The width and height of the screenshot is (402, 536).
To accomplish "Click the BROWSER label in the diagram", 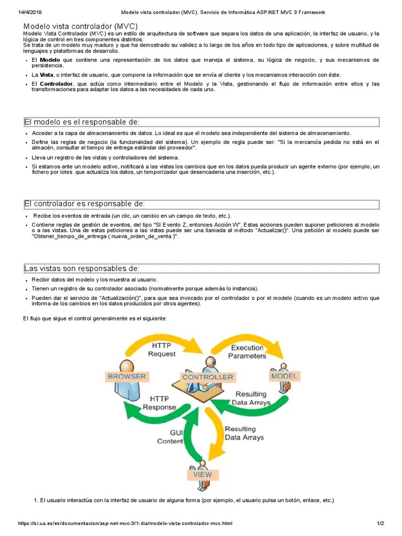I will click(127, 376).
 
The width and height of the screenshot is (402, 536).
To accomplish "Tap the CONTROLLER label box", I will click(207, 377).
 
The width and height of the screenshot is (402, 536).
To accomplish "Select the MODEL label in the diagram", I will click(284, 376).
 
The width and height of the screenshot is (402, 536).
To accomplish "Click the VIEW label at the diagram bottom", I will click(202, 475).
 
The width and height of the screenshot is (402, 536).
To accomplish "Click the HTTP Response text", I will click(160, 403).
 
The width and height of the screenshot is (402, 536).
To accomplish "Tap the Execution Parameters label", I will click(247, 352).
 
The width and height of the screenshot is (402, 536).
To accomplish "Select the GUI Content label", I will click(170, 437).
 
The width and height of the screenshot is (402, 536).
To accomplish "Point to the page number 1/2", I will click(380, 523).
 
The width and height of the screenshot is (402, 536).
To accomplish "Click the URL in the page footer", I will click(125, 523).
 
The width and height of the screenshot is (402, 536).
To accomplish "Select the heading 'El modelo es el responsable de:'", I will click(82, 122).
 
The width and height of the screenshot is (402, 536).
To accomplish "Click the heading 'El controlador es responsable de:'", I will click(85, 204).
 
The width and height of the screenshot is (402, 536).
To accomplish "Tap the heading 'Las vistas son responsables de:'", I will click(82, 269).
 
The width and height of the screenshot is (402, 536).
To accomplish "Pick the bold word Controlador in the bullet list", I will click(57, 84).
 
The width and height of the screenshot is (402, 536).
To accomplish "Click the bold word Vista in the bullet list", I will click(46, 75).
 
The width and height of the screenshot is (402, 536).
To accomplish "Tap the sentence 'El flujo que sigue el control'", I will click(94, 318).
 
